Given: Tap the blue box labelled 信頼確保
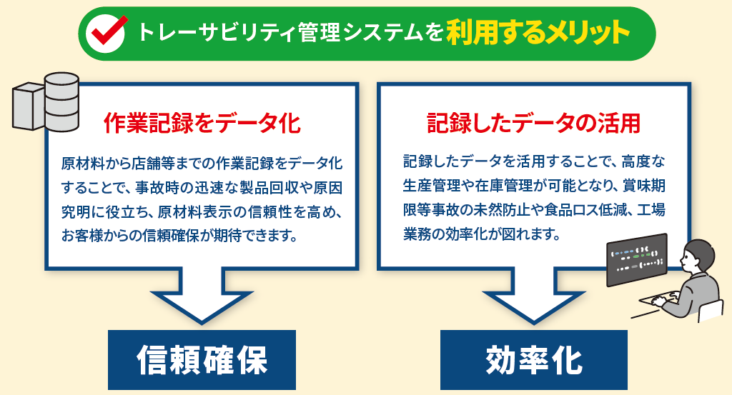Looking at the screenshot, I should click(x=202, y=359).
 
